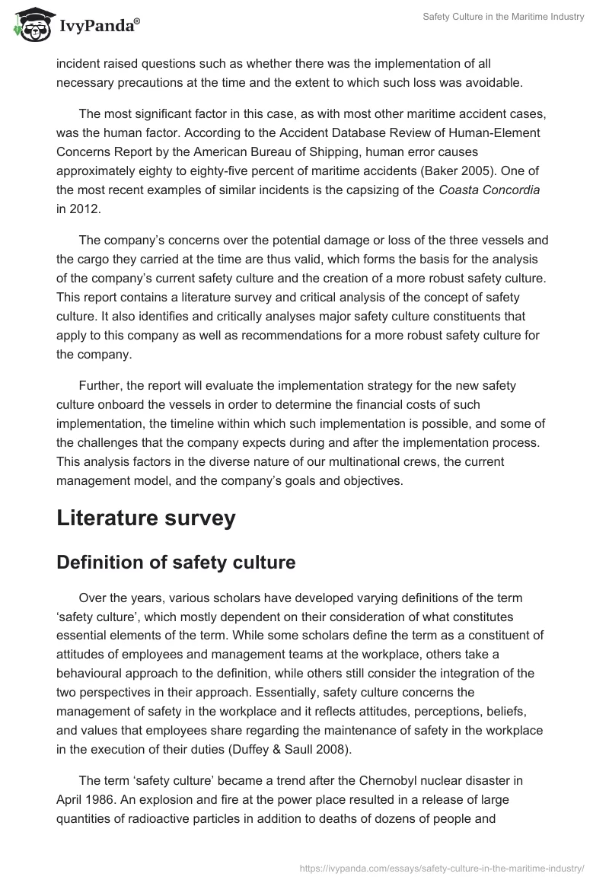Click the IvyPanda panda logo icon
coord(30,24)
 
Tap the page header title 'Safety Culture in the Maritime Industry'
coord(503,17)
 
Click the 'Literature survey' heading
coord(146,518)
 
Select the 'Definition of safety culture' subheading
coord(176,563)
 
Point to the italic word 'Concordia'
coord(505,190)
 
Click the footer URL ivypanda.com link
coord(442,867)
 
